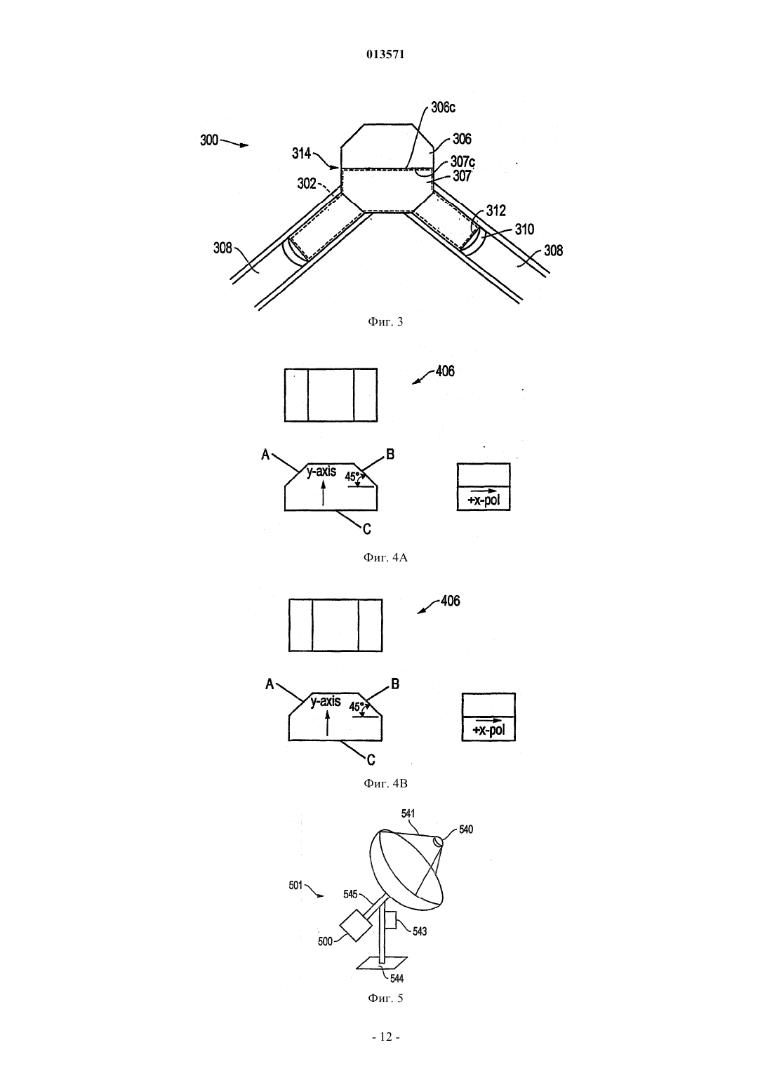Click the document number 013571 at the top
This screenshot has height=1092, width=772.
pos(385,55)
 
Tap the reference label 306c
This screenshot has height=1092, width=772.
pos(443,108)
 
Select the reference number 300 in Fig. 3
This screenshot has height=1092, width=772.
pos(209,140)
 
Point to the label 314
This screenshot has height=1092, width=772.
pos(301,154)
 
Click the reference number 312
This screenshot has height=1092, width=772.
pos(495,211)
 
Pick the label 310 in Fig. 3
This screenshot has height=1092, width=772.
pos(524,229)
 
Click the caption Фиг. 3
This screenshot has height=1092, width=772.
pos(385,321)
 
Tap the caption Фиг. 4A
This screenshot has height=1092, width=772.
pos(385,557)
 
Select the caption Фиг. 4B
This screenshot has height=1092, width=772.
pos(385,783)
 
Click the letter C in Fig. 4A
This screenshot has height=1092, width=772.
pos(367,529)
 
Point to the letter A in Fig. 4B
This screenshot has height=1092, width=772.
pos(269,684)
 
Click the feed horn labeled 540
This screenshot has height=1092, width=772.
pos(438,841)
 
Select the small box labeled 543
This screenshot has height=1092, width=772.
pos(391,920)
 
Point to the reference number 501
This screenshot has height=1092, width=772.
pos(296,885)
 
